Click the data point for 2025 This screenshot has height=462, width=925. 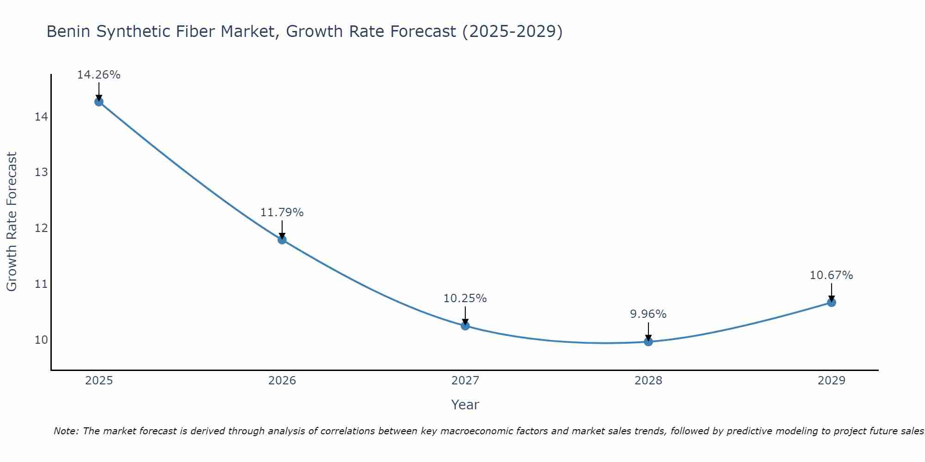99,102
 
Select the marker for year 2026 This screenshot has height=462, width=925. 282,239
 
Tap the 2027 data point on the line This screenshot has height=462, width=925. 465,326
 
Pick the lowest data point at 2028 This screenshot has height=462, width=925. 648,342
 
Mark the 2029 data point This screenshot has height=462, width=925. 831,303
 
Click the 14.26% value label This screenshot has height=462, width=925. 99,75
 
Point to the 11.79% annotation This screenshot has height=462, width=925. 282,213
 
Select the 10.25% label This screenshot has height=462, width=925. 465,298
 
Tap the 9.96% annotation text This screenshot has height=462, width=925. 648,314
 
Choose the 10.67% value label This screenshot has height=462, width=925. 831,275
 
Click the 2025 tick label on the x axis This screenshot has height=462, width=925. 99,381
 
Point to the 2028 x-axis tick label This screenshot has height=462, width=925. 648,381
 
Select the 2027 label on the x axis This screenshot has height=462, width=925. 465,381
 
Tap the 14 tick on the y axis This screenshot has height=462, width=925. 41,117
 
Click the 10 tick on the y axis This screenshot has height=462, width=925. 41,340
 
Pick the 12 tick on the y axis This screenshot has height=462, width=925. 41,228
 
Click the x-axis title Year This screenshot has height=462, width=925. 465,405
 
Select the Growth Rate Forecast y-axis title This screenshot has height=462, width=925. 12,221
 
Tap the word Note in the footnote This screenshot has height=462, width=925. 66,431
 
